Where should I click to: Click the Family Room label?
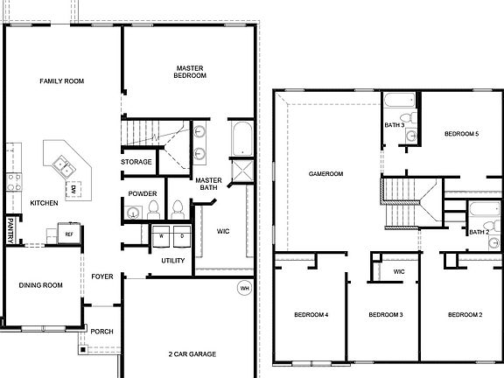coord(61,81)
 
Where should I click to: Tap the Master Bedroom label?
coord(190,72)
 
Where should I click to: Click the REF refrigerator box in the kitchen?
coord(68,234)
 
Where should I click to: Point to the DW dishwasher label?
coord(73,189)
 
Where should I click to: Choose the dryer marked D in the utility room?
coord(181,236)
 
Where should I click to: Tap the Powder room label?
coord(142,194)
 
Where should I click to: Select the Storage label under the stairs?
coord(136,162)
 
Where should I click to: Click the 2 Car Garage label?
coord(192,354)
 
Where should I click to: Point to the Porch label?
coord(102,331)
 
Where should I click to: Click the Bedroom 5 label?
coord(461,134)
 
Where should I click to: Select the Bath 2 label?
coord(478,233)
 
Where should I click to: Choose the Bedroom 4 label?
coord(311,315)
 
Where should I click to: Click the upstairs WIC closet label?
coord(399,272)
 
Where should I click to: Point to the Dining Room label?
coord(41,285)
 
